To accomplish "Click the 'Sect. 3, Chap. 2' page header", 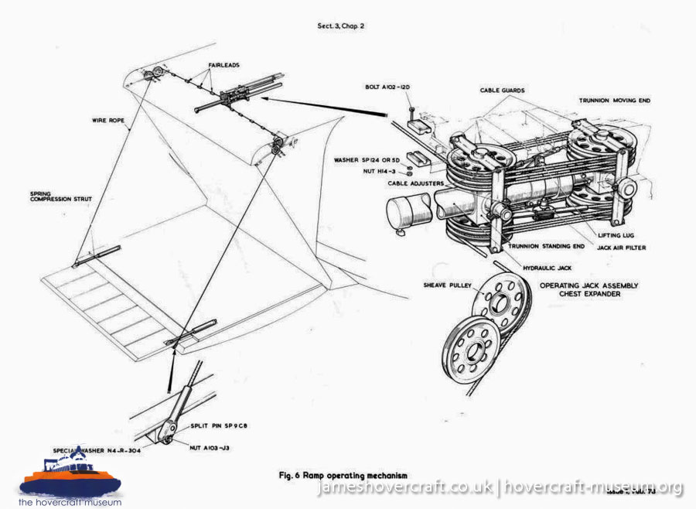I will point(341,26).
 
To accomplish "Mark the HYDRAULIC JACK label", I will point(546,266).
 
